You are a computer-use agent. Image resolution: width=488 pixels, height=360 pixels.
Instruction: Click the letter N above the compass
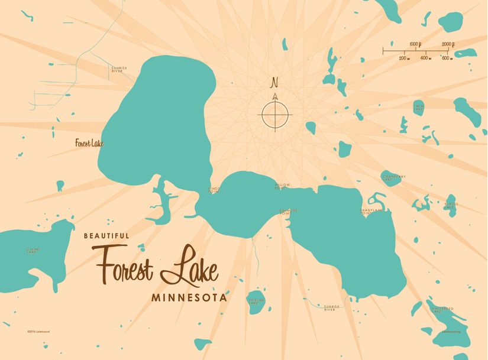coord(274,82)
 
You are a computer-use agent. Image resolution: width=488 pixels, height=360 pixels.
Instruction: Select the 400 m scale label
coord(425,58)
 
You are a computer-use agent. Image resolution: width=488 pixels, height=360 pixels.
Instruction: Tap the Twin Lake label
coord(419,107)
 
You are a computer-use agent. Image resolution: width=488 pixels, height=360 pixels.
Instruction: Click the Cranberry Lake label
coord(393,178)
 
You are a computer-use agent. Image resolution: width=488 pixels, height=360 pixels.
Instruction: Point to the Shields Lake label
coord(257,301)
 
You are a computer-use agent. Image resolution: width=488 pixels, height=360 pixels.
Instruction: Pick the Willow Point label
coord(282,187)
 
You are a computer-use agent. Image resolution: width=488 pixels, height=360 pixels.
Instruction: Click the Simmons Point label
coord(288,212)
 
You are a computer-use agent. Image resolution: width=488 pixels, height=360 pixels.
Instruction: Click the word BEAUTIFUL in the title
coord(106,235)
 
